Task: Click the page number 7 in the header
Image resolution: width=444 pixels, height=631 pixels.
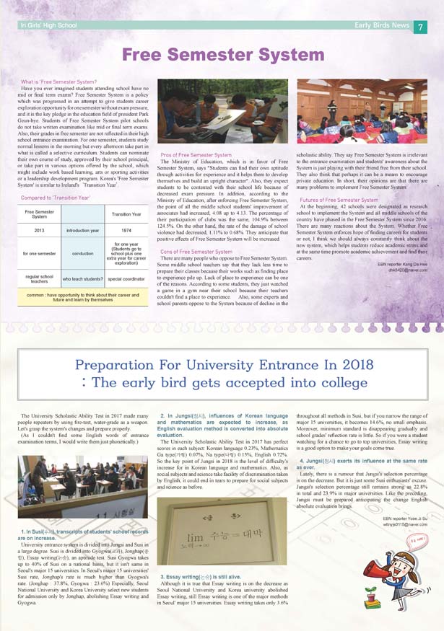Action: click(x=421, y=27)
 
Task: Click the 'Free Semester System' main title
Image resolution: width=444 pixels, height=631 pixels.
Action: click(x=216, y=56)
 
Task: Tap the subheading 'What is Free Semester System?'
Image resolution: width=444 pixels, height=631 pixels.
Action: click(x=59, y=82)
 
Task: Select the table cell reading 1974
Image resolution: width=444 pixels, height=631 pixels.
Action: click(x=126, y=231)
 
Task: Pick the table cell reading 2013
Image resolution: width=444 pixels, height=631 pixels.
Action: click(x=39, y=231)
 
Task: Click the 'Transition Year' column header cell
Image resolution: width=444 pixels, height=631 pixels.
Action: click(x=126, y=214)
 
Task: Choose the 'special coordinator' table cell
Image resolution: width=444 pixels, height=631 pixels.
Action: click(x=126, y=278)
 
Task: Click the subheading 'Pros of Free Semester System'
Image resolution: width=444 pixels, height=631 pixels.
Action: click(x=196, y=155)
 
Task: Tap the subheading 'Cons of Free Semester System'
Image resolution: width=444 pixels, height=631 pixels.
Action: click(x=196, y=251)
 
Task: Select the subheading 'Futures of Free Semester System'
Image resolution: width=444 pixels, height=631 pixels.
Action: click(x=339, y=200)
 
